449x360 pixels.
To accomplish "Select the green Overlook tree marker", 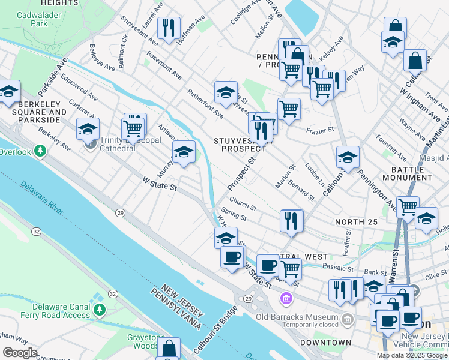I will [40, 150].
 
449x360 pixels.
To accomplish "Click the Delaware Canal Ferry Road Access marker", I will [100, 310].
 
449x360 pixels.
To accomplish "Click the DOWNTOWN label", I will [326, 343].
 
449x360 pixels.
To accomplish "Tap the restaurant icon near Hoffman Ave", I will [168, 27].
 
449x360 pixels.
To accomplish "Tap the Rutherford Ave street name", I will [205, 103].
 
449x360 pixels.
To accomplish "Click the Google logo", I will [20, 353].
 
